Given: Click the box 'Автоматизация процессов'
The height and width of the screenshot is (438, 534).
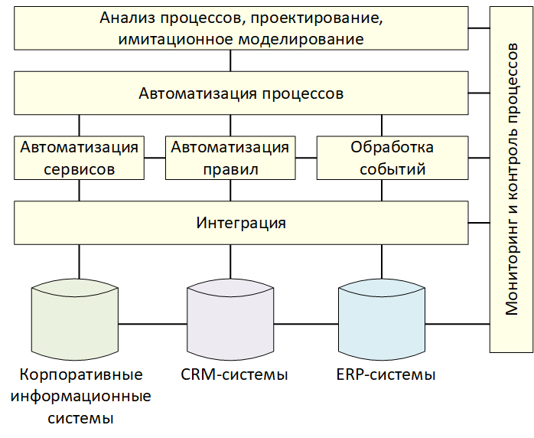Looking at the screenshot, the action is (x=241, y=93).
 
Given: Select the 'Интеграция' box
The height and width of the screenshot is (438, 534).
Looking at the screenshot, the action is (x=241, y=223).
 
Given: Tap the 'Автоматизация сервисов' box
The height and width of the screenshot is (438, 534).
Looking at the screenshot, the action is (x=79, y=158).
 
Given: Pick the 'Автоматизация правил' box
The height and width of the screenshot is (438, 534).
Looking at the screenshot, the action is (x=230, y=158).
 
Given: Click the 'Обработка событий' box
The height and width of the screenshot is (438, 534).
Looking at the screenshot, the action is (x=392, y=158).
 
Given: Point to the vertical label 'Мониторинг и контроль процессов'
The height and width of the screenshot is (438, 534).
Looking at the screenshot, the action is (x=512, y=179).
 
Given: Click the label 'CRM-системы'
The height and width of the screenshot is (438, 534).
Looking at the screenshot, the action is (x=234, y=374).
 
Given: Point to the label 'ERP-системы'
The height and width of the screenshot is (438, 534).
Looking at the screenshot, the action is (x=386, y=374).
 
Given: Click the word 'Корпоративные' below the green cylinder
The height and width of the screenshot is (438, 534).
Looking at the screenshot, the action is (x=81, y=374).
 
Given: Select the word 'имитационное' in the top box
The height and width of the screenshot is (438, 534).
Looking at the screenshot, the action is (x=176, y=39).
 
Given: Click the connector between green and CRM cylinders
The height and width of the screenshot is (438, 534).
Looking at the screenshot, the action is (x=152, y=323).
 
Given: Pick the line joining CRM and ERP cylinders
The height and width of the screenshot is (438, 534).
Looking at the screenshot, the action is (x=306, y=323).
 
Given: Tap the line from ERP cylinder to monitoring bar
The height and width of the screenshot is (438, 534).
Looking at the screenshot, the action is (x=457, y=323).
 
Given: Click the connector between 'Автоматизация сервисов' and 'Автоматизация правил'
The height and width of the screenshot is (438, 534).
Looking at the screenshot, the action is (x=155, y=158).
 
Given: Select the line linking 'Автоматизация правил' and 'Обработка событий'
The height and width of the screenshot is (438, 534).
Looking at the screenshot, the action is (x=306, y=158).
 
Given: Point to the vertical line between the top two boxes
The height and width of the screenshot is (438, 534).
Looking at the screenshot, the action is (x=230, y=60).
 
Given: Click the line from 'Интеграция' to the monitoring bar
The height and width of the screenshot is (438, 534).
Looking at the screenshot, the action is (x=479, y=223).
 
